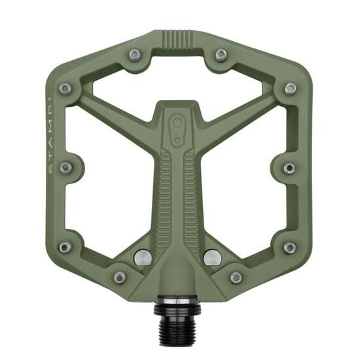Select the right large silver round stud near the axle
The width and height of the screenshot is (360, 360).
(x=211, y=257)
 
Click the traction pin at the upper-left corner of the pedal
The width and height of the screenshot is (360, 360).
(x=65, y=88)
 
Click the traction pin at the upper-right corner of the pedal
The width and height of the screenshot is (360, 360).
(x=290, y=88)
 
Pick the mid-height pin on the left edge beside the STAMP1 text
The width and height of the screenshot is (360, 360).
(x=65, y=168)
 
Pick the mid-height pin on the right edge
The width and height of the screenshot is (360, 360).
(x=289, y=168)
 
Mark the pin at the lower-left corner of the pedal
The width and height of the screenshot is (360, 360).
(x=65, y=247)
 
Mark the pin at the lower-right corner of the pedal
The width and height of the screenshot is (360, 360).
(x=289, y=247)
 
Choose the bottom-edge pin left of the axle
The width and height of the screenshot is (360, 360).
(x=119, y=278)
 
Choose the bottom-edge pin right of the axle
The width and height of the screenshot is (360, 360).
(x=236, y=278)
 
